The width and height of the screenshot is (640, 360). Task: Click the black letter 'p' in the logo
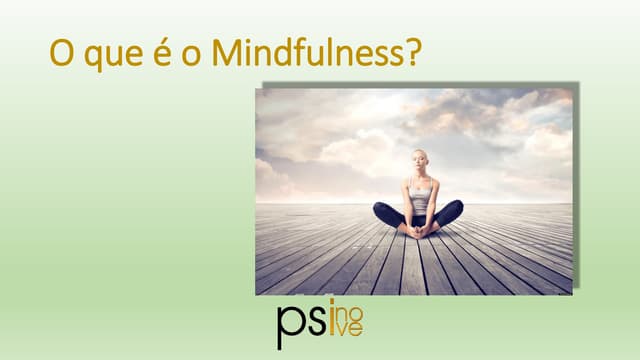(290, 328)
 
